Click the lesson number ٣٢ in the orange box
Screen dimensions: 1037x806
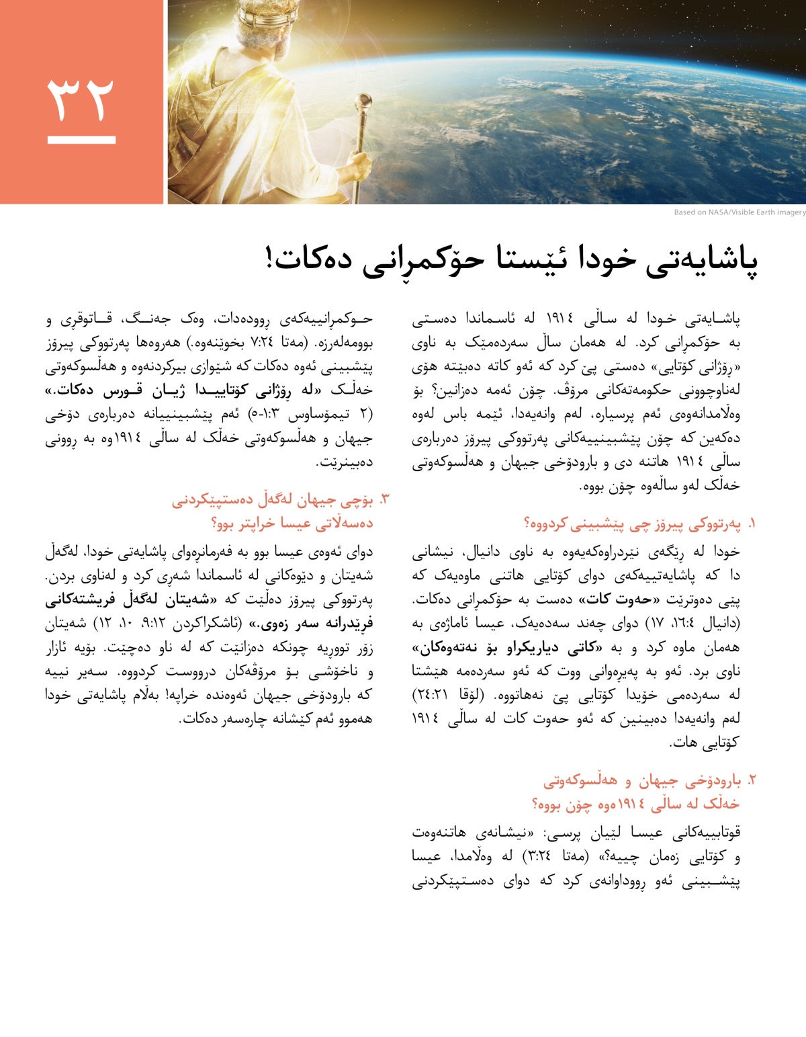[81, 99]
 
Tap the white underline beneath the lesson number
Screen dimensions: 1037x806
[81, 140]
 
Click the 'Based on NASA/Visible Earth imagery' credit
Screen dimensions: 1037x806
[740, 212]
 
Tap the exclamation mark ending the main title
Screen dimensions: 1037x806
[271, 259]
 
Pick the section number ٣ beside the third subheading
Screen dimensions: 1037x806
[385, 499]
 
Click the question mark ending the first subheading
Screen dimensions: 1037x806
[527, 524]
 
